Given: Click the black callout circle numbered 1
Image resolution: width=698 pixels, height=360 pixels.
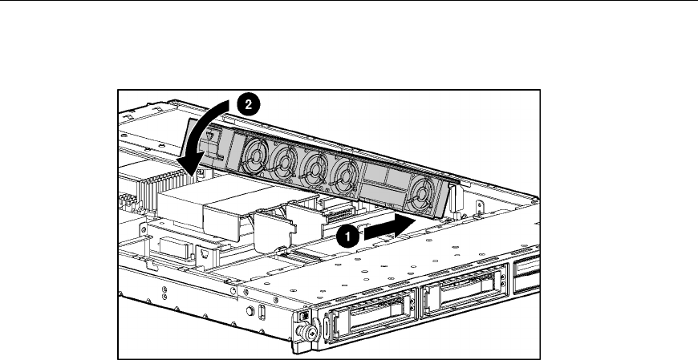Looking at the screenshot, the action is (x=347, y=237).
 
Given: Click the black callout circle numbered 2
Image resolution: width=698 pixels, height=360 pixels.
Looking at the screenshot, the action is (x=249, y=104).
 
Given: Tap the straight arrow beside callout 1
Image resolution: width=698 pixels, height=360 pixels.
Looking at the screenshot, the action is (x=390, y=228).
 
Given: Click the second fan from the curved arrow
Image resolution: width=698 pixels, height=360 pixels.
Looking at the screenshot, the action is (x=285, y=161).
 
